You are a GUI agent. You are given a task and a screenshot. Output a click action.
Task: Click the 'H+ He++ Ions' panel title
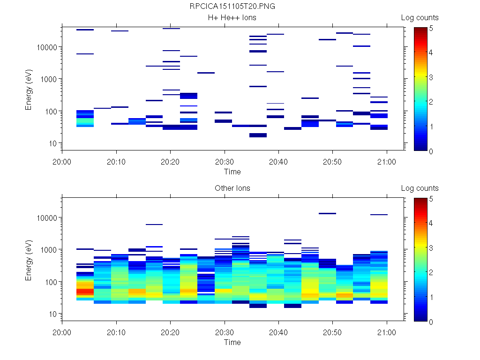(232, 18)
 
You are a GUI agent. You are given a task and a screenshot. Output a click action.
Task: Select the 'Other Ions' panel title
(232, 188)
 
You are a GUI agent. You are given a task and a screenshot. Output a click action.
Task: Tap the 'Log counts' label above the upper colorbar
(420, 18)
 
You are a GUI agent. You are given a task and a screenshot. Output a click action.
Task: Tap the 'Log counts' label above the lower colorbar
(420, 188)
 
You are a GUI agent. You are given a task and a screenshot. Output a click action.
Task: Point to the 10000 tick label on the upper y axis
(47, 47)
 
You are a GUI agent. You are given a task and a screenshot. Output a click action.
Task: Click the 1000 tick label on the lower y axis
(49, 250)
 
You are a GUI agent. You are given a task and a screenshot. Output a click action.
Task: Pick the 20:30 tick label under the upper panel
(225, 162)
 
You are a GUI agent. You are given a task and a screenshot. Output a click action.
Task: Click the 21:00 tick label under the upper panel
(386, 162)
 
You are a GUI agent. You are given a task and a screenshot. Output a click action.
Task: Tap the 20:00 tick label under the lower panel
(62, 332)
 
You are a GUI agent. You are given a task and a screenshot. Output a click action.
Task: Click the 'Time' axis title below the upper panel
(232, 172)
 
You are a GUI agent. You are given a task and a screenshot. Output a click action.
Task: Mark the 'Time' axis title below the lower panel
(232, 342)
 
